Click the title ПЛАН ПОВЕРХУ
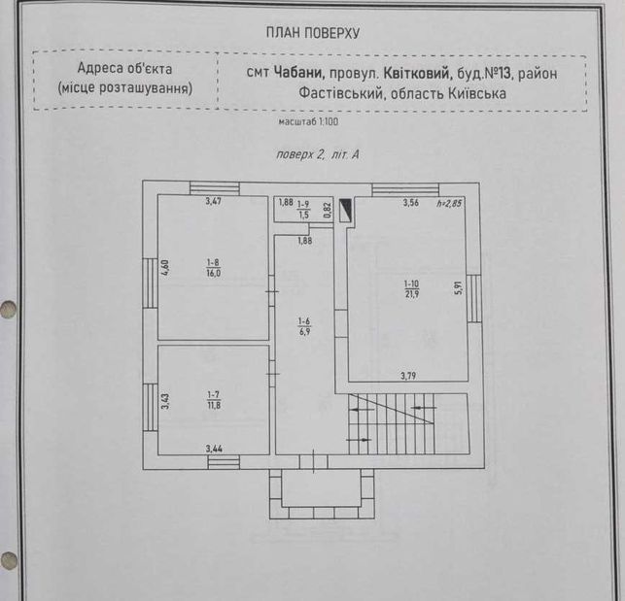313,33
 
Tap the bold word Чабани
299,73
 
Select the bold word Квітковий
418,73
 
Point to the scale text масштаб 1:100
308,121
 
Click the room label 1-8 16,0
213,268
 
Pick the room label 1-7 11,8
214,400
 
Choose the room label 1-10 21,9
411,289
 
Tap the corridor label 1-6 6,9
304,326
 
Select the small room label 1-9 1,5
303,210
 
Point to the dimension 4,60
165,267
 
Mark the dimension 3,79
408,376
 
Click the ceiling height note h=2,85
449,203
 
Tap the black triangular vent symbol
345,211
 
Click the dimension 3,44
214,449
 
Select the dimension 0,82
328,210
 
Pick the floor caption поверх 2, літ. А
318,154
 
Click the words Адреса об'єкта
124,68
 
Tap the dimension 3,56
410,202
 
